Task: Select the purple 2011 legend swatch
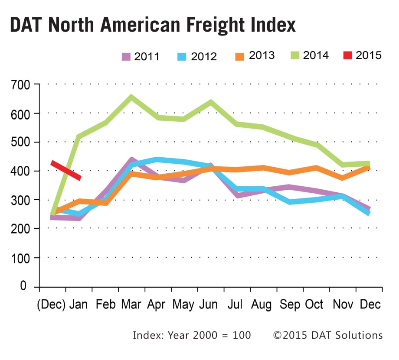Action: click(x=126, y=56)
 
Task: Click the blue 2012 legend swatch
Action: click(x=183, y=56)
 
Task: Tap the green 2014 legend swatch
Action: click(x=294, y=55)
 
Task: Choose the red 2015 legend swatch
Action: click(x=347, y=55)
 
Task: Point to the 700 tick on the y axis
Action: click(x=20, y=85)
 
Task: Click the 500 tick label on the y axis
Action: click(x=20, y=143)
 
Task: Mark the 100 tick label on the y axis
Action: click(x=20, y=258)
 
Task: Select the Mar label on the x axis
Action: click(x=131, y=305)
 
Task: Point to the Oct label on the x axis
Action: click(x=314, y=305)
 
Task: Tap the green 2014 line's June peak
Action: click(x=211, y=103)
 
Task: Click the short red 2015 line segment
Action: click(x=66, y=170)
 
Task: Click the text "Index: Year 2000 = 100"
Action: click(x=192, y=335)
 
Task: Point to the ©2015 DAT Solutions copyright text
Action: click(x=327, y=335)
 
